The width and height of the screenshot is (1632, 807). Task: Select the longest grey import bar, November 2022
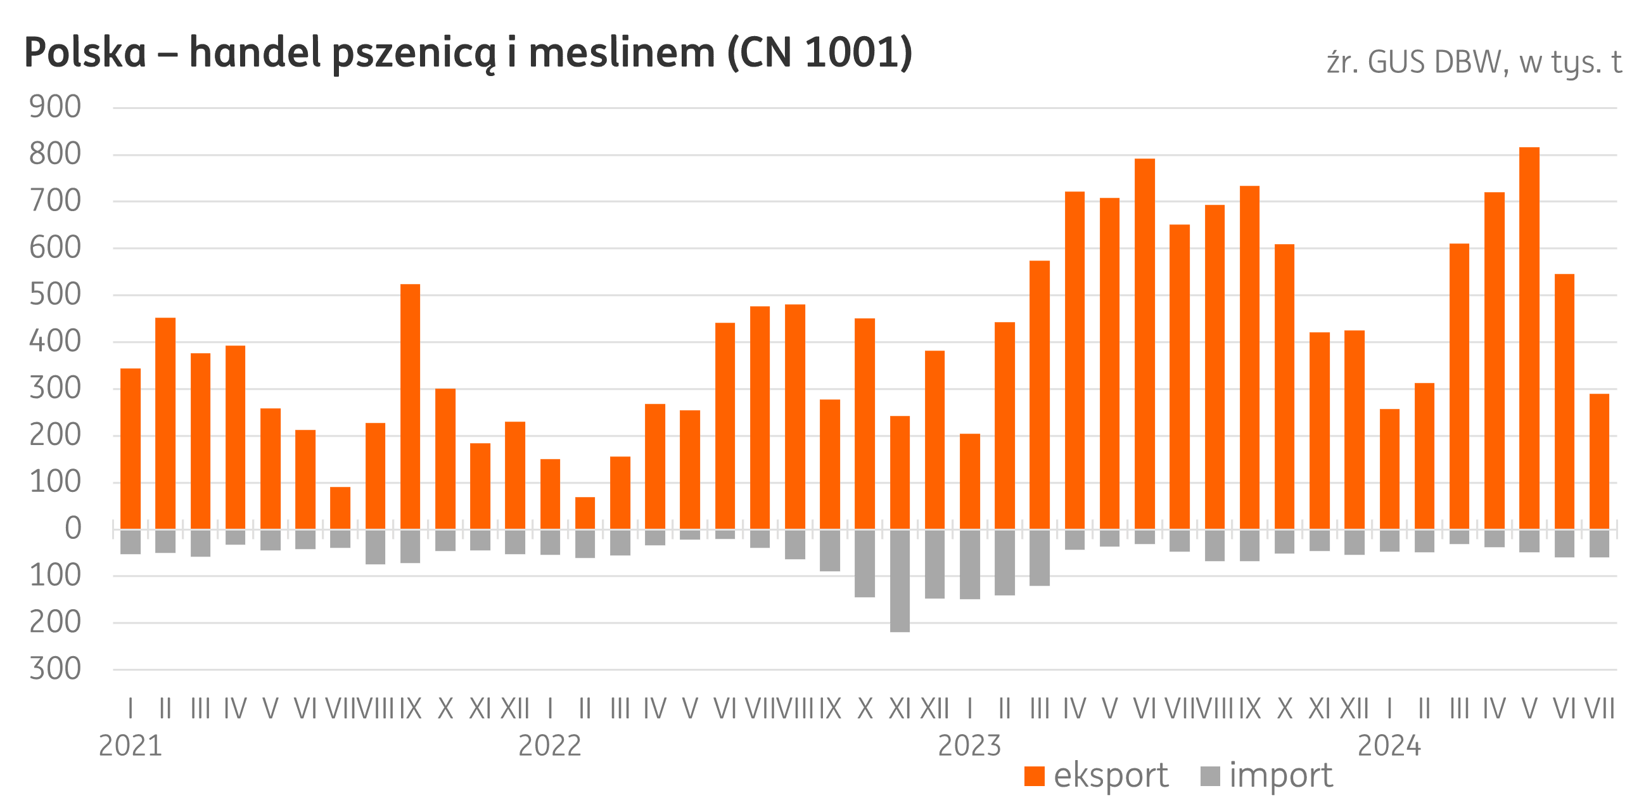[x=900, y=581]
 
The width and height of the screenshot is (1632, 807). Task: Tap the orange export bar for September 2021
[x=411, y=406]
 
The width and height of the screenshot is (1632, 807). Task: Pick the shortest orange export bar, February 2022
[x=585, y=513]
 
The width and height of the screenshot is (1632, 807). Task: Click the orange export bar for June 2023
[x=1145, y=344]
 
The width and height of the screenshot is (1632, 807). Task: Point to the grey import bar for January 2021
[x=131, y=542]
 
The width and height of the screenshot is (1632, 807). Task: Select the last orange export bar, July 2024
[x=1599, y=462]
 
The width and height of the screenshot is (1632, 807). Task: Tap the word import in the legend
[x=1281, y=776]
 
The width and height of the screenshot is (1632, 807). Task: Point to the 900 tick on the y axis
[x=56, y=108]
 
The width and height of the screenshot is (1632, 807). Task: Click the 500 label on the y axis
[x=56, y=295]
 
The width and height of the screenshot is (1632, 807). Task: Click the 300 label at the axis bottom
[x=56, y=669]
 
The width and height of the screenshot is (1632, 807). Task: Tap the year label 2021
[x=131, y=746]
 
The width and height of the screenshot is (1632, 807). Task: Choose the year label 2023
[x=969, y=746]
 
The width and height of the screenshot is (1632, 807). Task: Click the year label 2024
[x=1389, y=746]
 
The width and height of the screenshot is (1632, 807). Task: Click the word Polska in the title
[x=85, y=53]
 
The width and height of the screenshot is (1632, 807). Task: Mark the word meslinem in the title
[x=622, y=53]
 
